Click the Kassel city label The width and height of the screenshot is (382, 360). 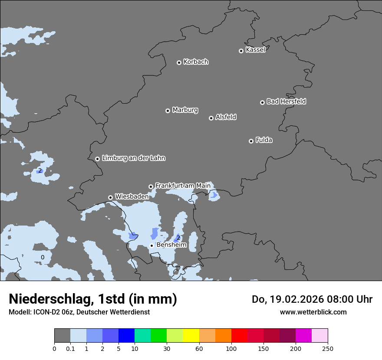click(255, 50)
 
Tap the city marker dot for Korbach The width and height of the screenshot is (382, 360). click(179, 62)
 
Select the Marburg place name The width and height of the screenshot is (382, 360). click(185, 110)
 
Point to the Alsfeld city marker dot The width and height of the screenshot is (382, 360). click(211, 118)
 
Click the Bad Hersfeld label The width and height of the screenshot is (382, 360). click(286, 101)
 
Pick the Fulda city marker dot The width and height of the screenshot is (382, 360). click(251, 141)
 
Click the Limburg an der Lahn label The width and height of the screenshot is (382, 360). click(133, 158)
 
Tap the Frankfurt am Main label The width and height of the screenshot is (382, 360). click(183, 186)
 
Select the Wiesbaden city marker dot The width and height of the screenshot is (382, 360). click(110, 197)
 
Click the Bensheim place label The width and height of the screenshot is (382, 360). click(171, 245)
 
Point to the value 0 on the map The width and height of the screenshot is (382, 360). click(43, 257)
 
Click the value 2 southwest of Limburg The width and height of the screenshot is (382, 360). click(40, 170)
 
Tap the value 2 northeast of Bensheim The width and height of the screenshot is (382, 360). click(178, 237)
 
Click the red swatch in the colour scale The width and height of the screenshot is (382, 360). click(239, 336)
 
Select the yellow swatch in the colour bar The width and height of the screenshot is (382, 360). click(191, 336)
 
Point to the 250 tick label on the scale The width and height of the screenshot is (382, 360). click(328, 348)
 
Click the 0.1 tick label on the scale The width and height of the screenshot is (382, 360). click(70, 348)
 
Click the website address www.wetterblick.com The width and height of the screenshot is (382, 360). click(313, 312)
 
